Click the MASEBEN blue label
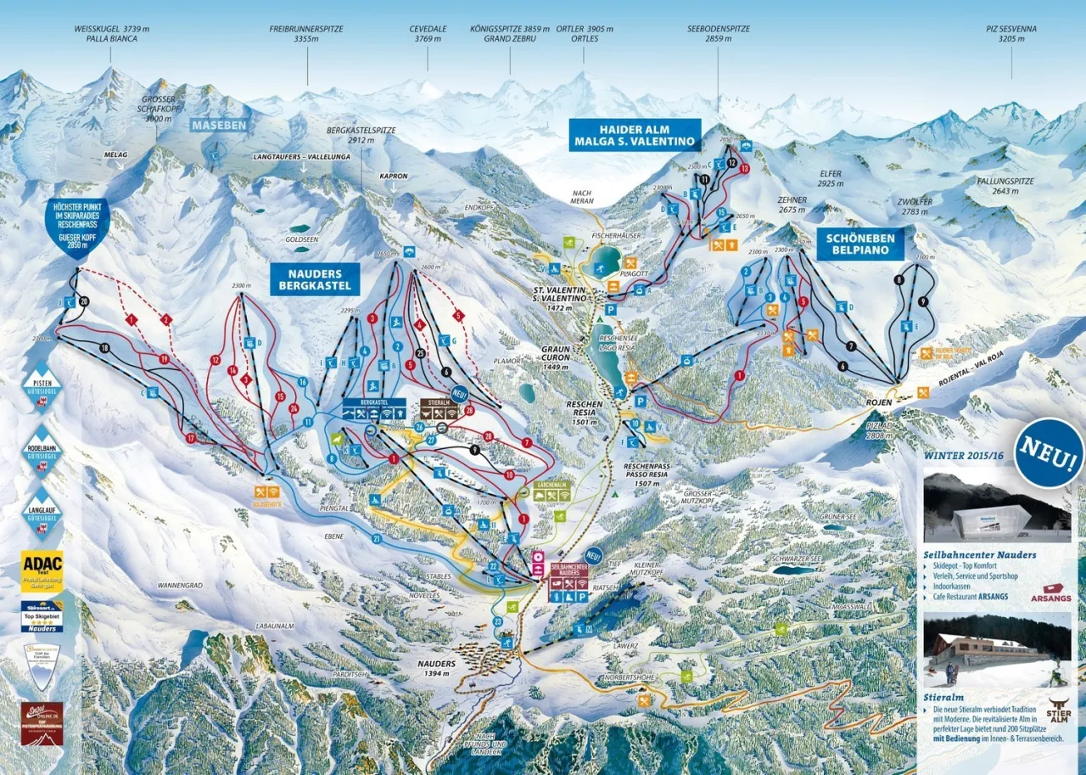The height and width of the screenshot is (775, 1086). (219, 126)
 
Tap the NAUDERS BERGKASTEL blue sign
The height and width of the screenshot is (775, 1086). (315, 278)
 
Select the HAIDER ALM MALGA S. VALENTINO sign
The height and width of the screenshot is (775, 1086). (635, 135)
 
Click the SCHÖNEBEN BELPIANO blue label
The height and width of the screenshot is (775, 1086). (860, 244)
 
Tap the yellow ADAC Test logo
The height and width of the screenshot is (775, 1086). (42, 571)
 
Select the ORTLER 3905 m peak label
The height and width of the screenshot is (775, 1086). (585, 33)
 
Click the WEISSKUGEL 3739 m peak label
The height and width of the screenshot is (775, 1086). (112, 33)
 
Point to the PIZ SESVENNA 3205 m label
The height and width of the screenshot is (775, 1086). (1011, 33)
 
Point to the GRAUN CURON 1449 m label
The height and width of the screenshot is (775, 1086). (557, 357)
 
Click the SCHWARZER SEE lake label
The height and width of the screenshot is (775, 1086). (797, 560)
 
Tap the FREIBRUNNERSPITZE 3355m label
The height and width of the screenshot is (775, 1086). (306, 33)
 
